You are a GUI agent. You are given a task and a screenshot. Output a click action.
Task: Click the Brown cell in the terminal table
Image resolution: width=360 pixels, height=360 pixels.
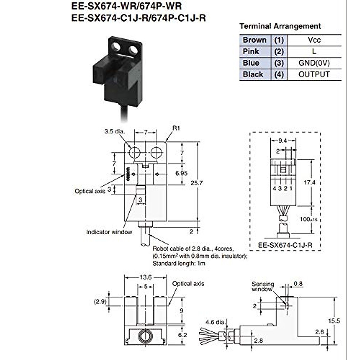pos(255,40)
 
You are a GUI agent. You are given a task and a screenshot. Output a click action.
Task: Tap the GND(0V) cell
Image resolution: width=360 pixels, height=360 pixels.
pos(314,63)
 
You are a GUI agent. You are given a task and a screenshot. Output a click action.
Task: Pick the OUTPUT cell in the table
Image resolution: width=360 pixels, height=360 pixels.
pos(314,74)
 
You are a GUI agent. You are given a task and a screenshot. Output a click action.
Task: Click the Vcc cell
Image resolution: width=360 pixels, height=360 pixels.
pos(314,40)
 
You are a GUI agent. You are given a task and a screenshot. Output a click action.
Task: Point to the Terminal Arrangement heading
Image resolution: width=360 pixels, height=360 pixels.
pos(280,26)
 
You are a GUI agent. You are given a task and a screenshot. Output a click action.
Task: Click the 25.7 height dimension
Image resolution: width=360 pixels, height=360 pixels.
pos(196,183)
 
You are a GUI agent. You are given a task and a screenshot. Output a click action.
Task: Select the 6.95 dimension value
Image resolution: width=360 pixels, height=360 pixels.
pos(181,173)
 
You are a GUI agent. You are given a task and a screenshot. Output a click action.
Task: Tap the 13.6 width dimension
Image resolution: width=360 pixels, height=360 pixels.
pos(145,277)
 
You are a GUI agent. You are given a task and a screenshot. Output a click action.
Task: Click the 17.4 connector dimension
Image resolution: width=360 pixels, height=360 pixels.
pos(309,182)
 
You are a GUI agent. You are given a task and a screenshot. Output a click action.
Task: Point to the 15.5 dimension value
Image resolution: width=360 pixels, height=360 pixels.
pos(334,321)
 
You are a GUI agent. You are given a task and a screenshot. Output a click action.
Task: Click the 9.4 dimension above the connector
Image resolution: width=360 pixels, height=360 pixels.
pos(283,141)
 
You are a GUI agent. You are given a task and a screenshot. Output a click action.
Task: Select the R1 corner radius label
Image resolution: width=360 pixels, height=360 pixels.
pos(176,128)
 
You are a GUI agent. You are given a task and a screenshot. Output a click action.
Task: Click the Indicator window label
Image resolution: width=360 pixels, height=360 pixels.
pos(109,232)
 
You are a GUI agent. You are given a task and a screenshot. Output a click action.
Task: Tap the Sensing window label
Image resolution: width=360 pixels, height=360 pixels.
pos(263,286)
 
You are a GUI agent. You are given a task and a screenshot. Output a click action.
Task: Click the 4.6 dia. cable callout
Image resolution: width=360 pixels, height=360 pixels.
pos(216,322)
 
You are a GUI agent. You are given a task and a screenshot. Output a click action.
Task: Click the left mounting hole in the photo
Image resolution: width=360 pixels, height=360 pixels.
pos(115,47)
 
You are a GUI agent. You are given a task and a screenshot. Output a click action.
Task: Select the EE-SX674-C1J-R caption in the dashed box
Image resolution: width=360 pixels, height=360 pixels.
pos(285,245)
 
